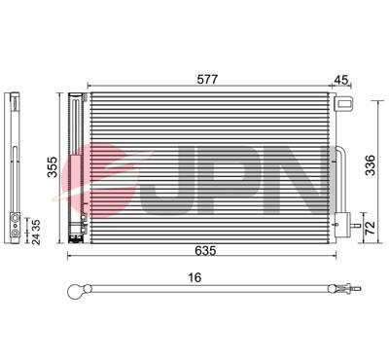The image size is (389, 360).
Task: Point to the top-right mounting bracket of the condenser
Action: (341, 105)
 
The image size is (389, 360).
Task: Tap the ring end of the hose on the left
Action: (78, 289)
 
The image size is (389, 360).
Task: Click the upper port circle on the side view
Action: (17, 219)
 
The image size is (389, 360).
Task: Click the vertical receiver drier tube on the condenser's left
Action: (75, 165)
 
